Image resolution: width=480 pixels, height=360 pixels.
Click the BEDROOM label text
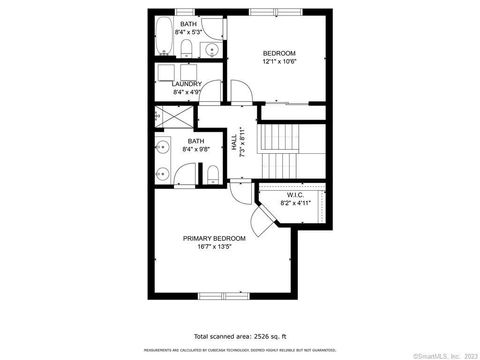point(279,53)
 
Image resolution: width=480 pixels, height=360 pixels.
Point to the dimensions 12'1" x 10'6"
point(279,62)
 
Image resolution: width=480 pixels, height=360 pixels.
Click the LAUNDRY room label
point(187,84)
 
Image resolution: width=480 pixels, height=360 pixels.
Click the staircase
point(280,150)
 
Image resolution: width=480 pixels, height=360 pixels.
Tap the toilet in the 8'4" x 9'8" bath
point(213,174)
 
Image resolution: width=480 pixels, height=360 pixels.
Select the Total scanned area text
point(239,337)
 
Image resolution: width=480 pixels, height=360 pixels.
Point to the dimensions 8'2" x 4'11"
point(295,203)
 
